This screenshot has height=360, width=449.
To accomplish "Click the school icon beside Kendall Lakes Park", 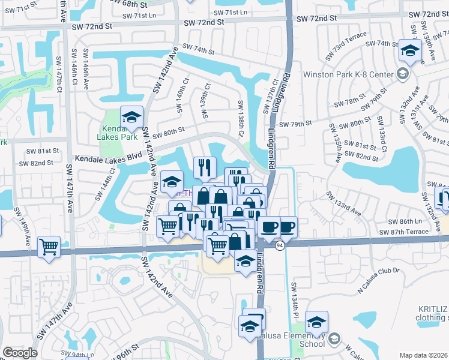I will point(131,116).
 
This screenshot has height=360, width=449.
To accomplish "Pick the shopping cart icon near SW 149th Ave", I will point(49,246).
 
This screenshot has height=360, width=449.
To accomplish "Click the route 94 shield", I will point(280,245).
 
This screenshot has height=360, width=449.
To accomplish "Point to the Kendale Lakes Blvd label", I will point(107,159).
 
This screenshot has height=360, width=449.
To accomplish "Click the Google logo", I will point(20,353).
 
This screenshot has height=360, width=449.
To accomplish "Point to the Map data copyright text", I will point(423,355).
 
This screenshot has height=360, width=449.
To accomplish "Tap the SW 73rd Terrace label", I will point(348,47).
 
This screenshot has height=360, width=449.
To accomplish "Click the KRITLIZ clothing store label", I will point(433,313).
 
